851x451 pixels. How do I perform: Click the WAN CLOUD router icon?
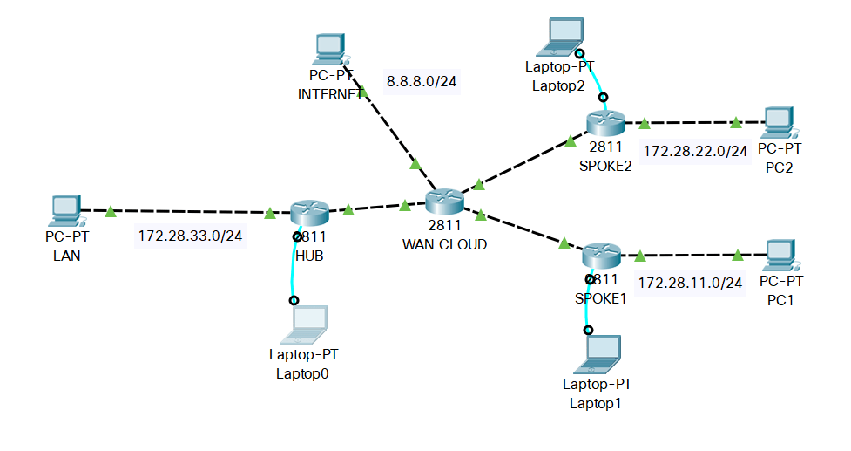point(444,201)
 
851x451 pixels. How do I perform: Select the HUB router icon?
point(309,212)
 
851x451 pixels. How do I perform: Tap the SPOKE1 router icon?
point(601,256)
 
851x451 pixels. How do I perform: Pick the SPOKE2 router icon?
point(606,123)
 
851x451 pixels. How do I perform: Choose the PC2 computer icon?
point(779,123)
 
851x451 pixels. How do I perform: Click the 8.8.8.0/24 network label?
point(422,82)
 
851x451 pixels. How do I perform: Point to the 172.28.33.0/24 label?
point(190,236)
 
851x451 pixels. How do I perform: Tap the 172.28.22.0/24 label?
point(695,151)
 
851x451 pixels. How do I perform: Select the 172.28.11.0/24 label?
point(690,283)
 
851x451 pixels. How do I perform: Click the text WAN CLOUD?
point(444,244)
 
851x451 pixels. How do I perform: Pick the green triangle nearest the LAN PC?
point(111,211)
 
